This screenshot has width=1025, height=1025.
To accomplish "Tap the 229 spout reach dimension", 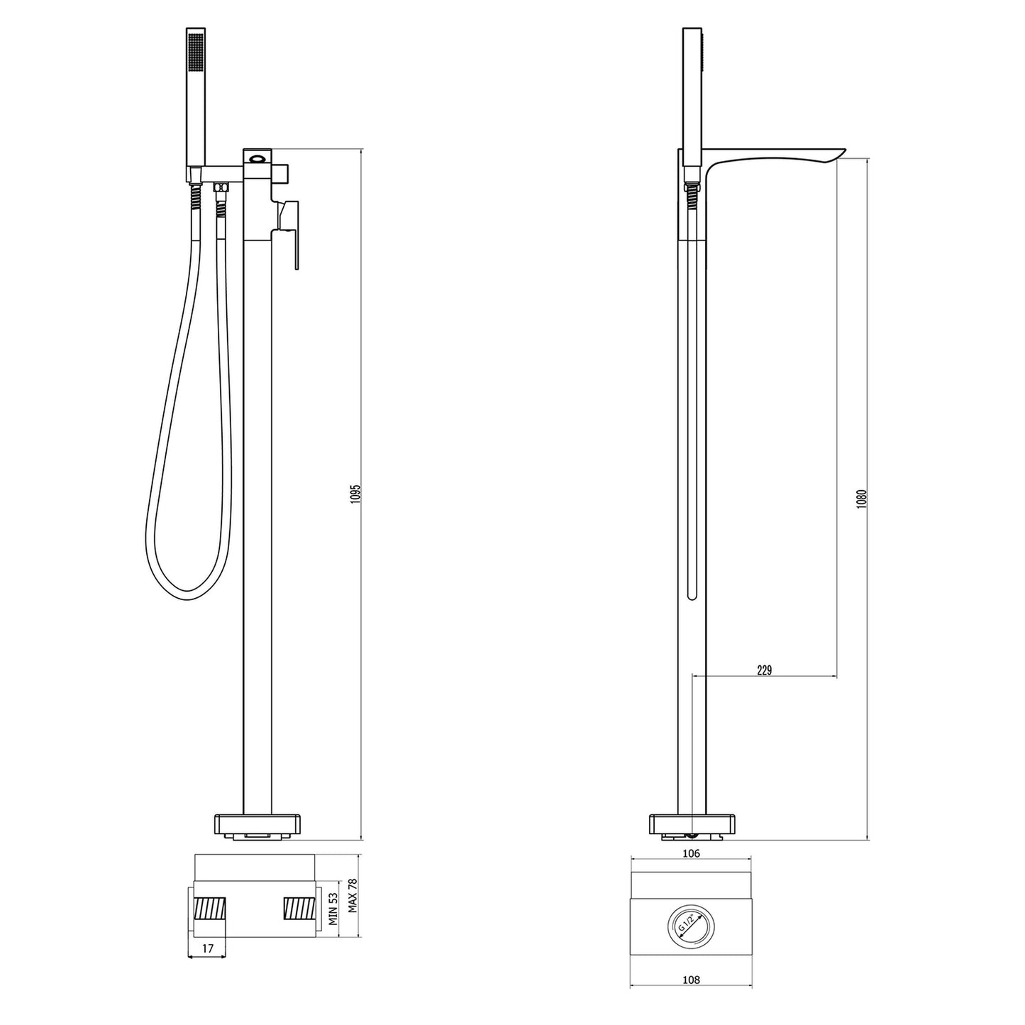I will click(764, 670).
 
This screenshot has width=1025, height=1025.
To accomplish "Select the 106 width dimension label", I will click(691, 853).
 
